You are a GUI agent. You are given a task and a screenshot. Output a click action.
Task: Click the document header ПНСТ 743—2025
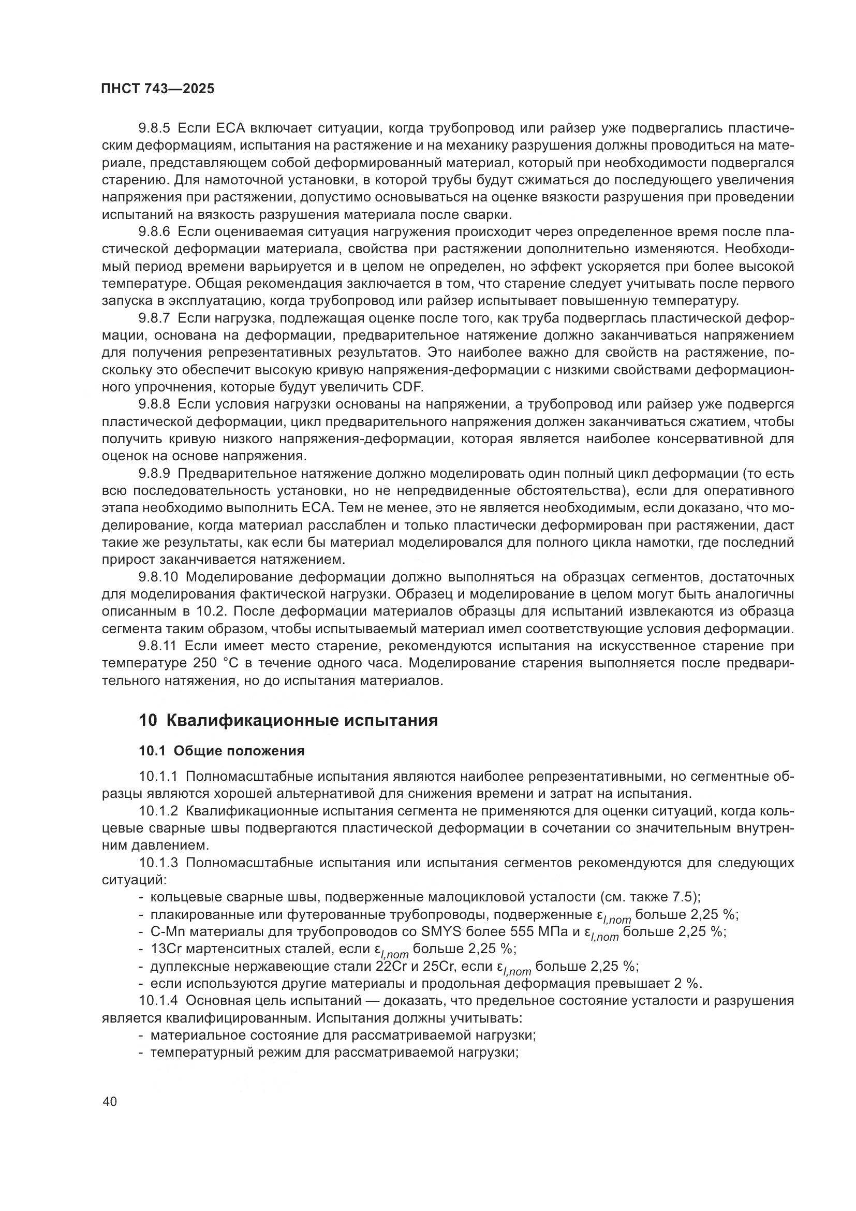(x=158, y=89)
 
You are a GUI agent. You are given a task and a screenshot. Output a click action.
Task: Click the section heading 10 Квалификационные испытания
(x=288, y=720)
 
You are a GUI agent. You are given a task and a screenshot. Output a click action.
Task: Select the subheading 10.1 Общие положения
(x=222, y=751)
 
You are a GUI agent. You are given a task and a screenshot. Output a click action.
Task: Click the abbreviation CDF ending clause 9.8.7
(x=407, y=387)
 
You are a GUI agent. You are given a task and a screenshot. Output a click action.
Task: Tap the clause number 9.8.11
(x=158, y=646)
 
